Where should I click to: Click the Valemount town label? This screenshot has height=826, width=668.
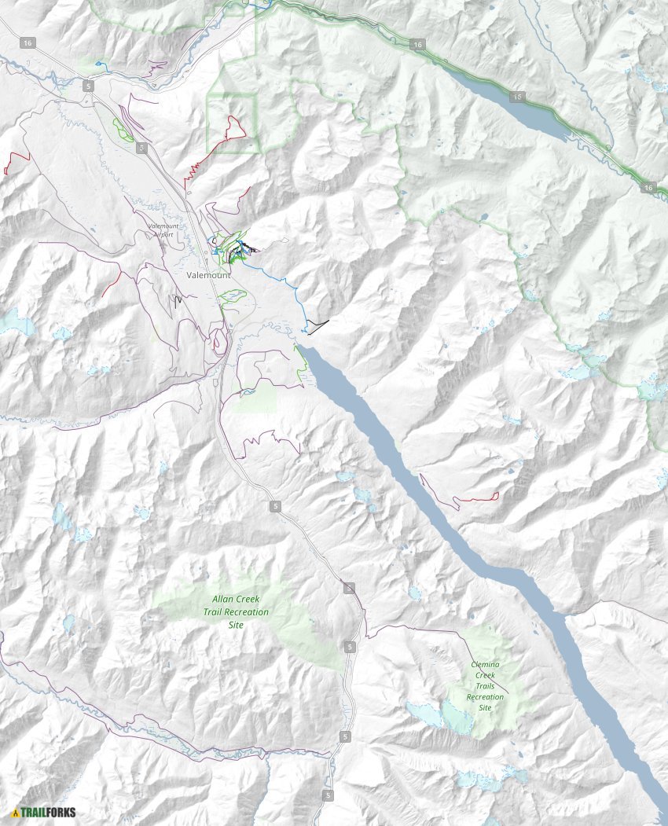click(x=209, y=276)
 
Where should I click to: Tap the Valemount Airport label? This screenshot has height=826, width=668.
click(x=163, y=229)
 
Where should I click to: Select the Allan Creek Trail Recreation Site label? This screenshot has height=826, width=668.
click(x=236, y=611)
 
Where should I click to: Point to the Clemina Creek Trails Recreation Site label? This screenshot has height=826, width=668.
click(x=485, y=685)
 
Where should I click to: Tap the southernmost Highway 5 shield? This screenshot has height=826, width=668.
click(x=328, y=795)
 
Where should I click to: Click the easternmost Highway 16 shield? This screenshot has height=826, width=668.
click(x=648, y=187)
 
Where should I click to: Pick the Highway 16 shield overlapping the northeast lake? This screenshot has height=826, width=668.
click(x=516, y=97)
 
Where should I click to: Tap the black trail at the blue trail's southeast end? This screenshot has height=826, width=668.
click(x=317, y=326)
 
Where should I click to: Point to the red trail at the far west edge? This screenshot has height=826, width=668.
click(x=16, y=162)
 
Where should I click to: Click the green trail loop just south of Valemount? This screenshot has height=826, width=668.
click(x=233, y=296)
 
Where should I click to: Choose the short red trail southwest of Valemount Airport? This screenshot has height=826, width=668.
click(x=112, y=284)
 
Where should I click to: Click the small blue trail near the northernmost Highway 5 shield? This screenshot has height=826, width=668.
click(x=98, y=64)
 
